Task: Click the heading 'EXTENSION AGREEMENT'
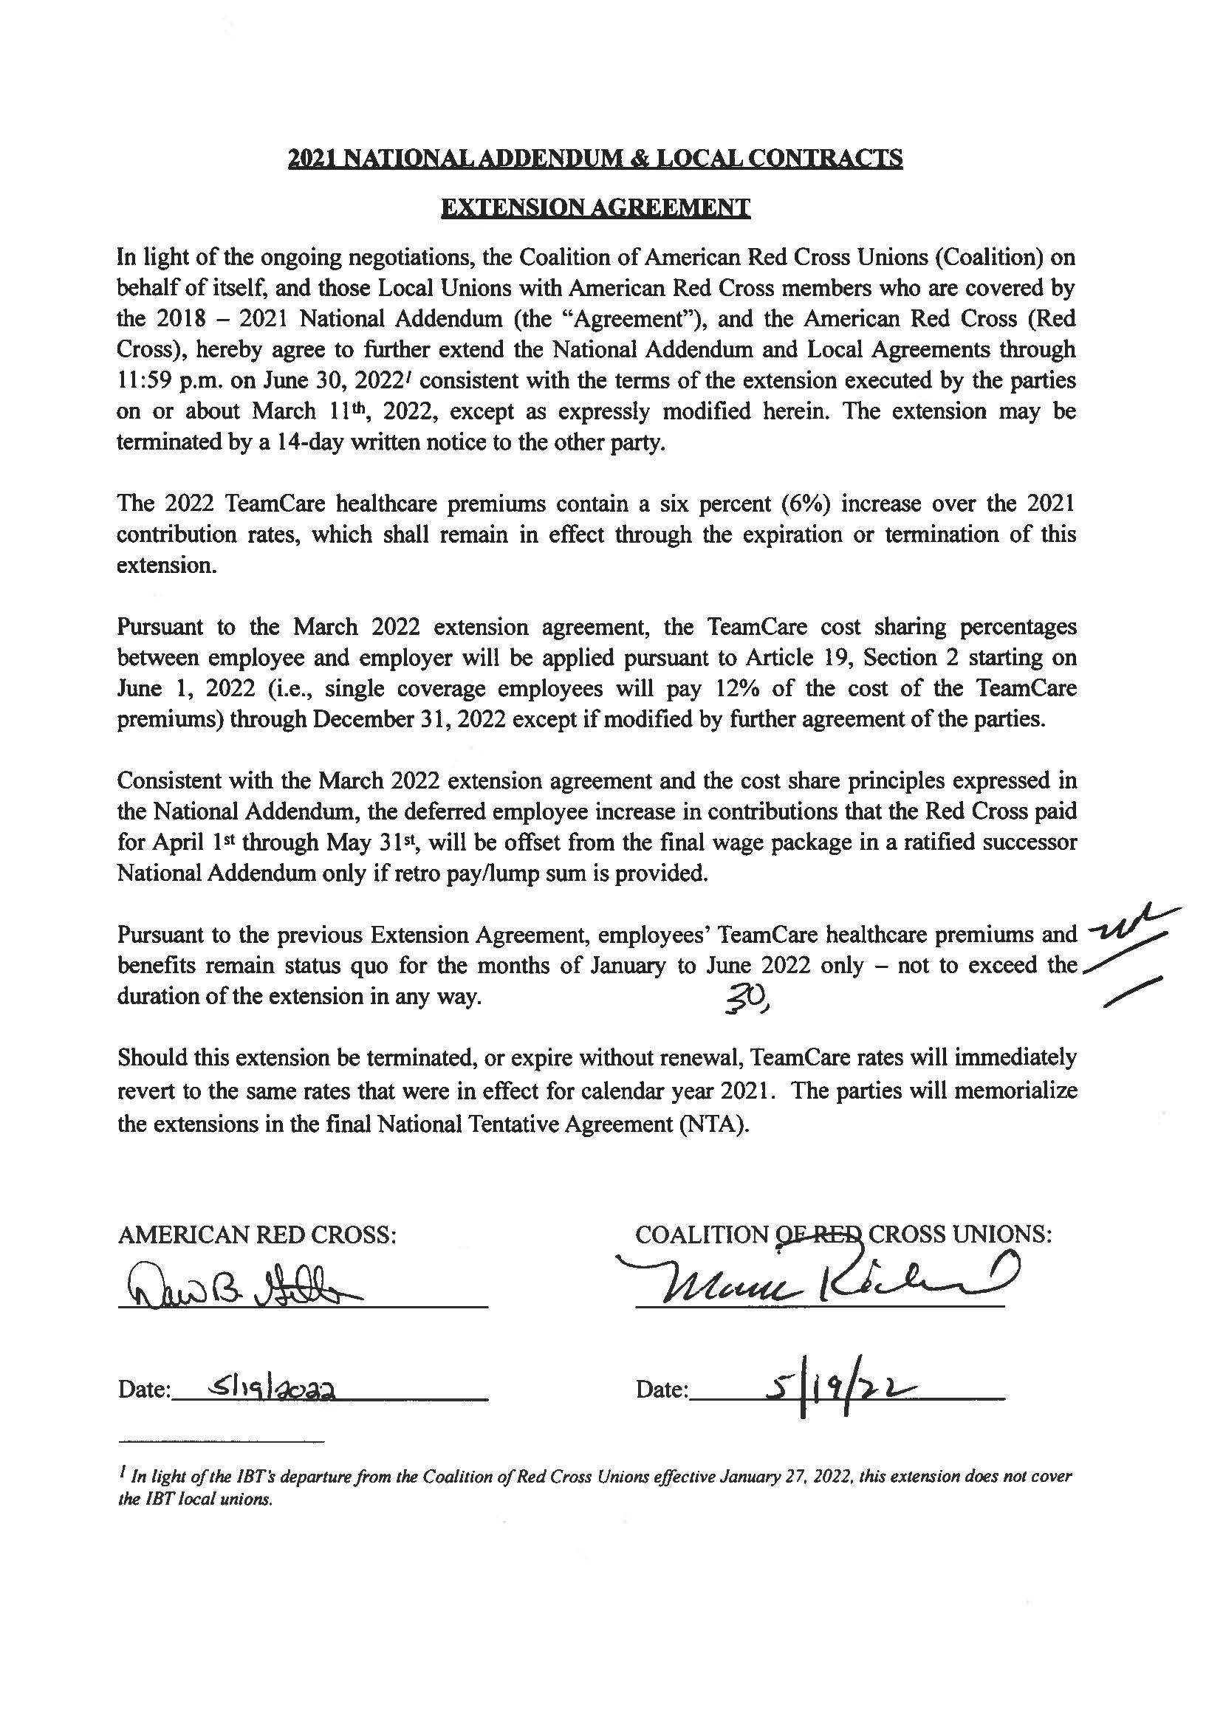coord(595,207)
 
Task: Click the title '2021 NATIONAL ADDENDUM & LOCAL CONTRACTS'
coord(595,158)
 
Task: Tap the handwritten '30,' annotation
coord(744,1000)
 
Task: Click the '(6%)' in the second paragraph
coord(806,504)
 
